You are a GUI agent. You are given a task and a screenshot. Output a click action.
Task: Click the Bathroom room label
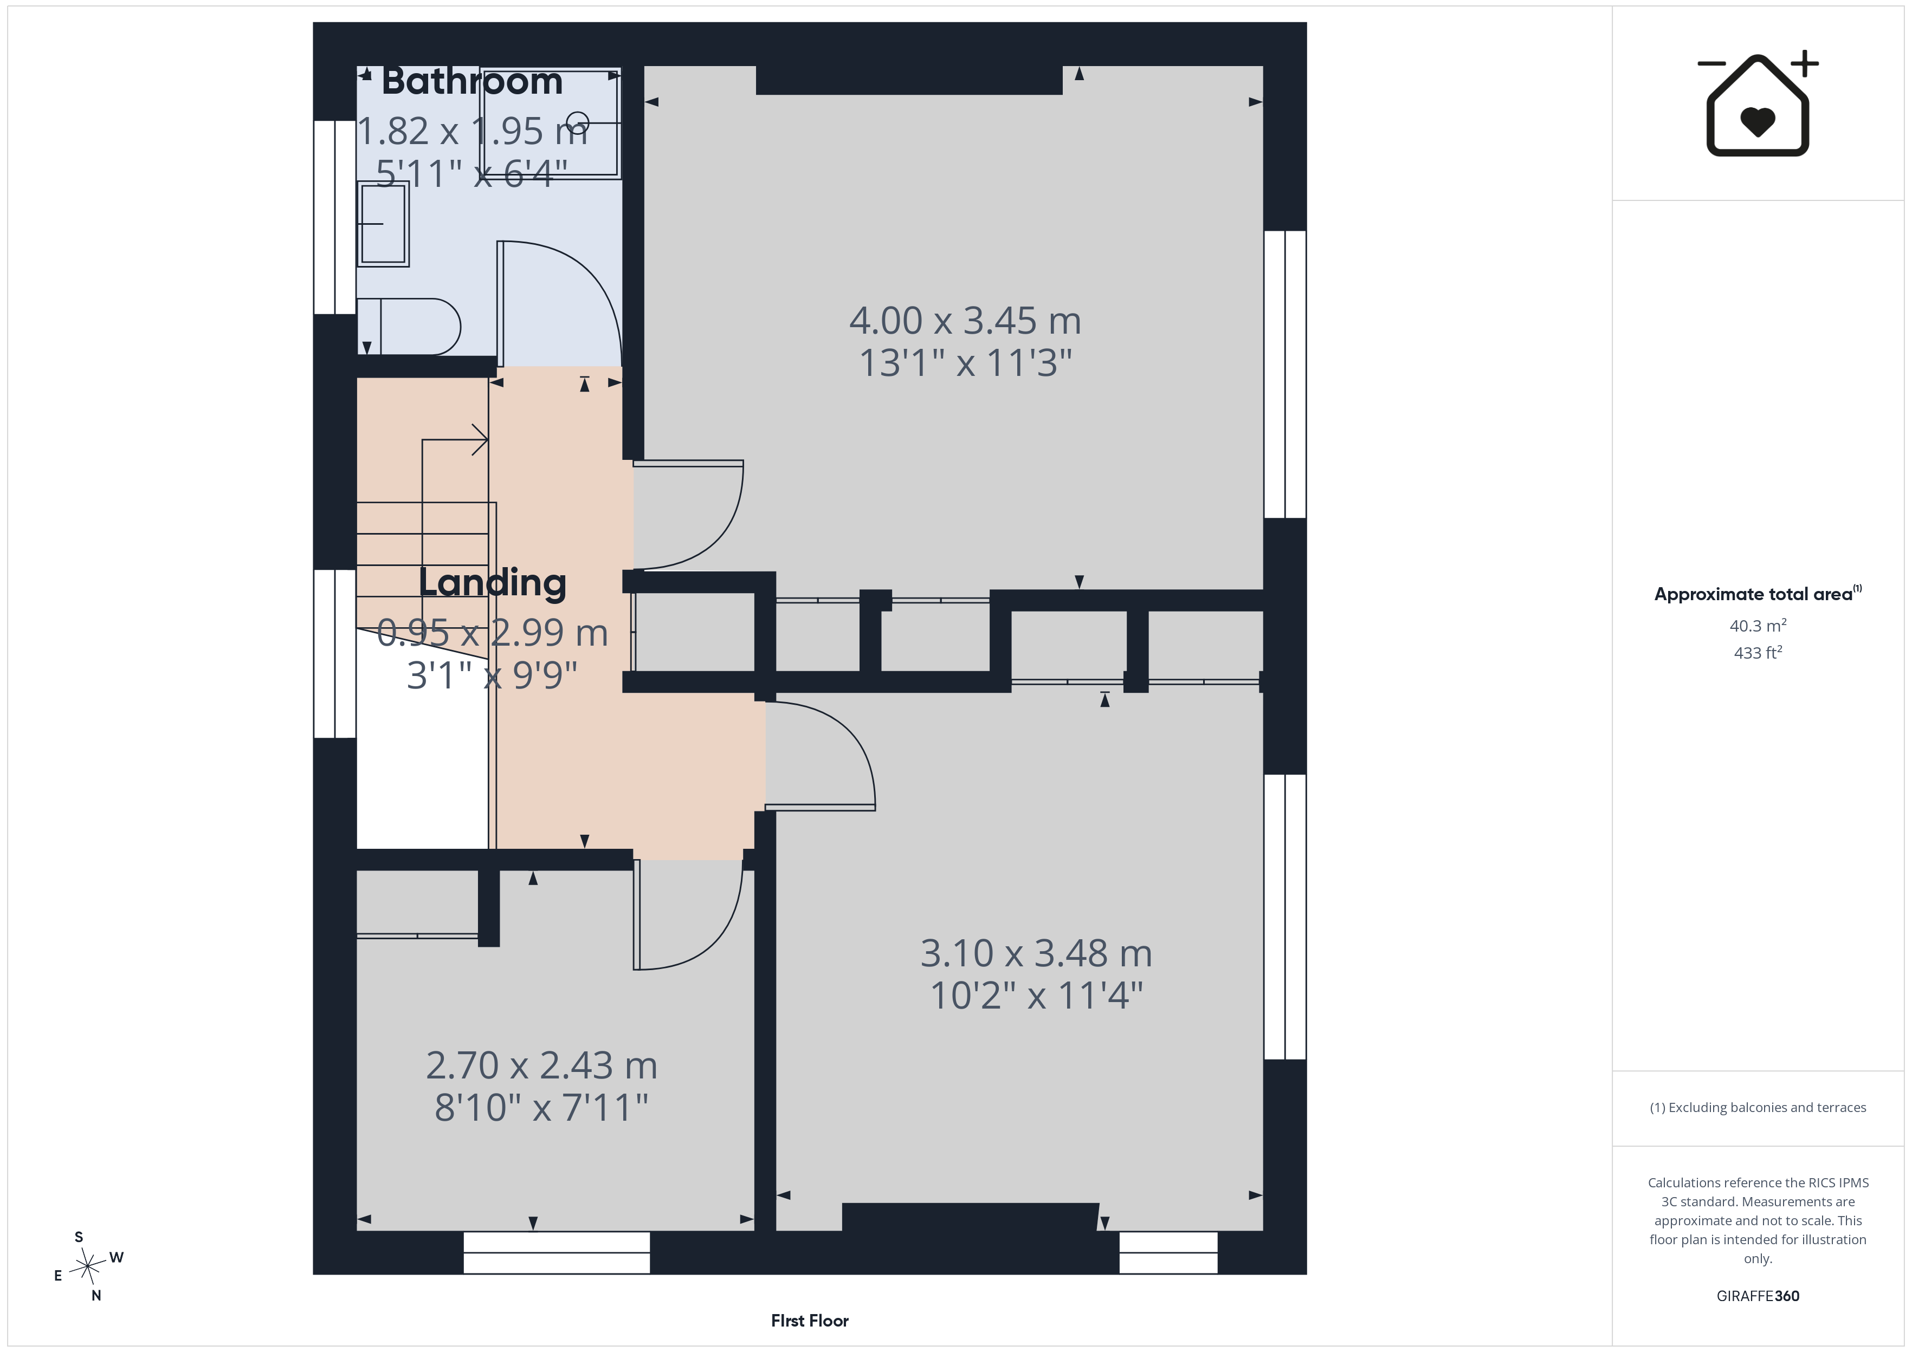(472, 82)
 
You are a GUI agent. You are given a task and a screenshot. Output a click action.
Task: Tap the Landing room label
(492, 583)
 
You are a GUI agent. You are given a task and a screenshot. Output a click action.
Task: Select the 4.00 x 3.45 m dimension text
(965, 321)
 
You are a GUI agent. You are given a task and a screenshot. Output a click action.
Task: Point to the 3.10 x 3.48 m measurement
(1036, 953)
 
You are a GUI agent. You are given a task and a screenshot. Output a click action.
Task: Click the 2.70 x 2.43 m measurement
(541, 1065)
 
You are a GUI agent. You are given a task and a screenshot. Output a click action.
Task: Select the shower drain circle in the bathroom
(578, 122)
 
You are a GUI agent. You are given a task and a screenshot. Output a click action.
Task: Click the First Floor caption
(810, 1321)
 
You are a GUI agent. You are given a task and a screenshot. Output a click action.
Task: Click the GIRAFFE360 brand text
(1758, 1296)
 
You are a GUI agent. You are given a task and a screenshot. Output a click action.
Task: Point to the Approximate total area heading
(1757, 594)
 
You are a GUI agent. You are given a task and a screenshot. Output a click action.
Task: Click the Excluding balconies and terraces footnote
(1758, 1107)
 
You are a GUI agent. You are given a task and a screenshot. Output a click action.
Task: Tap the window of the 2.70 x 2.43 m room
(556, 1253)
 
